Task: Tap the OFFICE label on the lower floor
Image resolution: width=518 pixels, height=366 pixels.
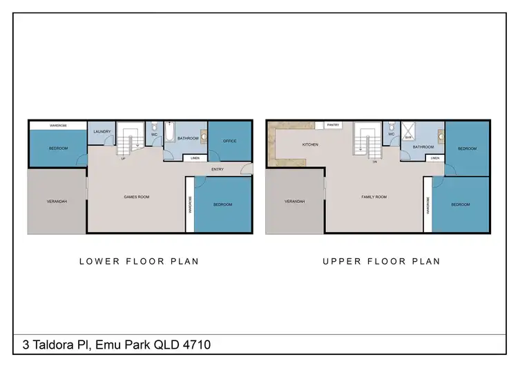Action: coord(230,142)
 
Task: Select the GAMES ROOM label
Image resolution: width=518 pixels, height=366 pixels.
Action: coord(136,198)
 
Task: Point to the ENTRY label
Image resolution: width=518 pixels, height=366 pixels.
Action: coord(218,169)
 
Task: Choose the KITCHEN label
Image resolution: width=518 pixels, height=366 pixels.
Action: coord(309,145)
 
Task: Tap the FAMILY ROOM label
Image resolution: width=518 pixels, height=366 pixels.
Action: coord(374,198)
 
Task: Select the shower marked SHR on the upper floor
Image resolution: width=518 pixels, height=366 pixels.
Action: coord(408,132)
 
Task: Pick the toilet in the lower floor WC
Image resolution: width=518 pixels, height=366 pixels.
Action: coord(154,126)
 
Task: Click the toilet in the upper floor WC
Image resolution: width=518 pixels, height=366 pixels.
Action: coord(391,126)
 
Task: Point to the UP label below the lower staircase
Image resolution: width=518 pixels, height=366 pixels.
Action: coord(124,159)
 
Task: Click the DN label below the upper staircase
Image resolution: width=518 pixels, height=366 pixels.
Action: coord(374,162)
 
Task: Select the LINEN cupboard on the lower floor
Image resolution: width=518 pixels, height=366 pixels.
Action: coord(196,158)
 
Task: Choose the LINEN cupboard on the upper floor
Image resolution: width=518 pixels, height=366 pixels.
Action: coord(434,158)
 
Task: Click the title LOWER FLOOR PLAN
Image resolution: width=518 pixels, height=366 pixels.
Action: coord(140,261)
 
